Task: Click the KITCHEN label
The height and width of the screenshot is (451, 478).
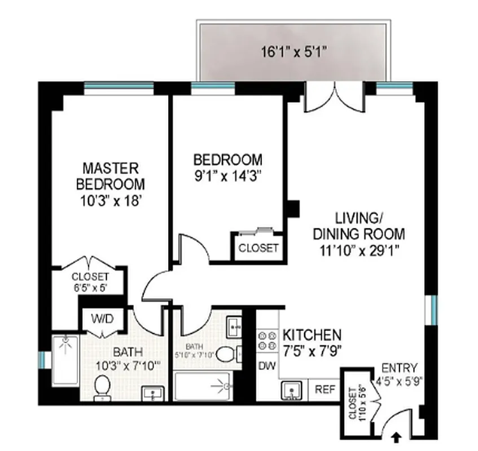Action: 312,334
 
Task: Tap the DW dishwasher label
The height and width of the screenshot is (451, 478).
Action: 266,366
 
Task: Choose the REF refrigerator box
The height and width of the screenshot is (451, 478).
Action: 325,389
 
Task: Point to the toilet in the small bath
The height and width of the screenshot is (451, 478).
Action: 226,354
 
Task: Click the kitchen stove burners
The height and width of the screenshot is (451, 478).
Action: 266,340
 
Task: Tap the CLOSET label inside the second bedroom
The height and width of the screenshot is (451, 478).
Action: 258,247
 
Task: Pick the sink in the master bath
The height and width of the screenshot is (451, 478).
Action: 152,393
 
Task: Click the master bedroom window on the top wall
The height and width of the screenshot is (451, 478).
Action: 119,86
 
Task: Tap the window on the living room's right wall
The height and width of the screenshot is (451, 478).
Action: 434,309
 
